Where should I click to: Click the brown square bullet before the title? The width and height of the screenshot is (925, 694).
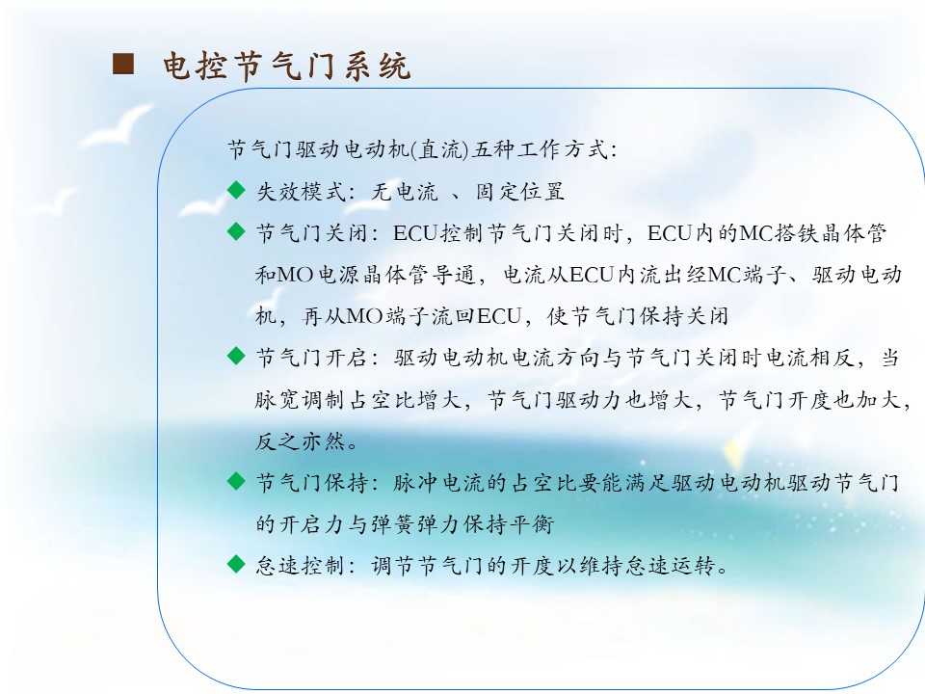pos(123,64)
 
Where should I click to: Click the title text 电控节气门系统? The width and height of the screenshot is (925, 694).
pos(287,66)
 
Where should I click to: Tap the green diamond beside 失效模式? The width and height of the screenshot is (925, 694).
pos(236,190)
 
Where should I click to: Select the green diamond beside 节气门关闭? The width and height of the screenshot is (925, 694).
pos(236,231)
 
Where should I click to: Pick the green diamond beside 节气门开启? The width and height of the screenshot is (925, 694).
pos(236,356)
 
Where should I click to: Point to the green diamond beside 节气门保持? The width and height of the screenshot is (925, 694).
pos(236,481)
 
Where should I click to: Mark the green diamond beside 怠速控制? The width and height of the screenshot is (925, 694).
pos(236,564)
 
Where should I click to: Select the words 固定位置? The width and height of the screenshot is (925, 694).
pos(519,191)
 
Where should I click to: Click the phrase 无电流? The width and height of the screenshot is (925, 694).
pos(405,191)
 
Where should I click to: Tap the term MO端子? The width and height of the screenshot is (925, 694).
pos(387,316)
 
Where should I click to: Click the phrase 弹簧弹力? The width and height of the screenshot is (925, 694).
pos(416,524)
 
